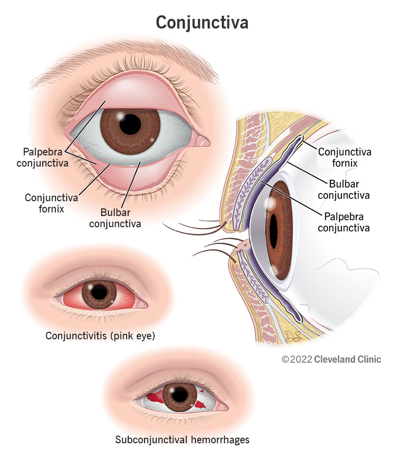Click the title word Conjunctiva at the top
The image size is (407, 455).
202,22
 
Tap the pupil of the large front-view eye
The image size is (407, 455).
130,124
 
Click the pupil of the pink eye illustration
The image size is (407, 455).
99,292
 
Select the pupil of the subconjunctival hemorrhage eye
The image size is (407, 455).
179,395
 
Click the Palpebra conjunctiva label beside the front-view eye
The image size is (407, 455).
43,157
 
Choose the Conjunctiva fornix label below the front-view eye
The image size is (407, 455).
51,203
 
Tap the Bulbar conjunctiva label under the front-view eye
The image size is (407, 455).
115,218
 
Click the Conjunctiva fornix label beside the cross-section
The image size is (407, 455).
344,157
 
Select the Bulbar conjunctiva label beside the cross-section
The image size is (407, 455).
344,189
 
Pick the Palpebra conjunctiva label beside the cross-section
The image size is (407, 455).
344,222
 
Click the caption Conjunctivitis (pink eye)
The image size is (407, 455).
100,336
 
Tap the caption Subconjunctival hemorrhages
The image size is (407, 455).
182,440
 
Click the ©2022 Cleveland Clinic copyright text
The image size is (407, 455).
331,359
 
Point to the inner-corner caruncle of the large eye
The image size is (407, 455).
201,140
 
